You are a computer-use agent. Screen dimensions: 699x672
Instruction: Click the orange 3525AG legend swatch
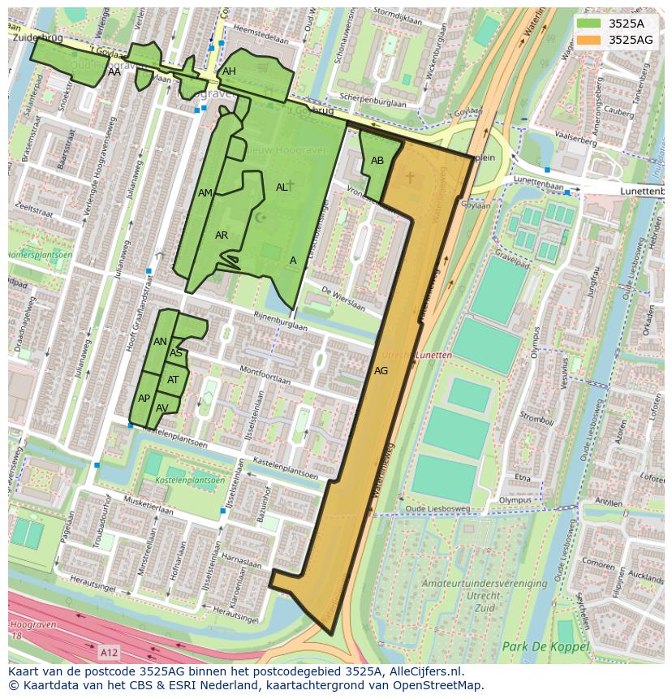[x=590, y=40]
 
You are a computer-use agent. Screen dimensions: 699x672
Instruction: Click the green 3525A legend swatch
[x=590, y=24]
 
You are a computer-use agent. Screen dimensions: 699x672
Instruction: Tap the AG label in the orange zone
[x=381, y=371]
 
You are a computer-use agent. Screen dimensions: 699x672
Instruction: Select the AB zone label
[x=377, y=161]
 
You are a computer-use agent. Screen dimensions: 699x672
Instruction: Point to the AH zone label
[x=229, y=71]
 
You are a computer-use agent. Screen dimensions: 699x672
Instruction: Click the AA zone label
[x=114, y=72]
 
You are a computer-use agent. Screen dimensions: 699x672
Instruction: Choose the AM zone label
[x=205, y=192]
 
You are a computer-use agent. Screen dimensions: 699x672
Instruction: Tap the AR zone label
[x=222, y=235]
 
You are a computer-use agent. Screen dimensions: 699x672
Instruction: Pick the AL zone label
[x=282, y=188]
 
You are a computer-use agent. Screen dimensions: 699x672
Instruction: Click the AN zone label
[x=160, y=342]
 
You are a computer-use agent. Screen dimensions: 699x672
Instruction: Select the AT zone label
[x=173, y=380]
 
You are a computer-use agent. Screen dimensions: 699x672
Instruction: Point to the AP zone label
[x=144, y=399]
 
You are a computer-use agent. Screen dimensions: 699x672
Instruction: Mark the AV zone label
[x=162, y=408]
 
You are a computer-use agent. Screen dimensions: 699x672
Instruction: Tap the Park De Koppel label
[x=538, y=646]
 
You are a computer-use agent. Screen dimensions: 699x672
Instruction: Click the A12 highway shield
[x=109, y=652]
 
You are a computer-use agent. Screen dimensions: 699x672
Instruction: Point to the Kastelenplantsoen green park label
[x=190, y=481]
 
